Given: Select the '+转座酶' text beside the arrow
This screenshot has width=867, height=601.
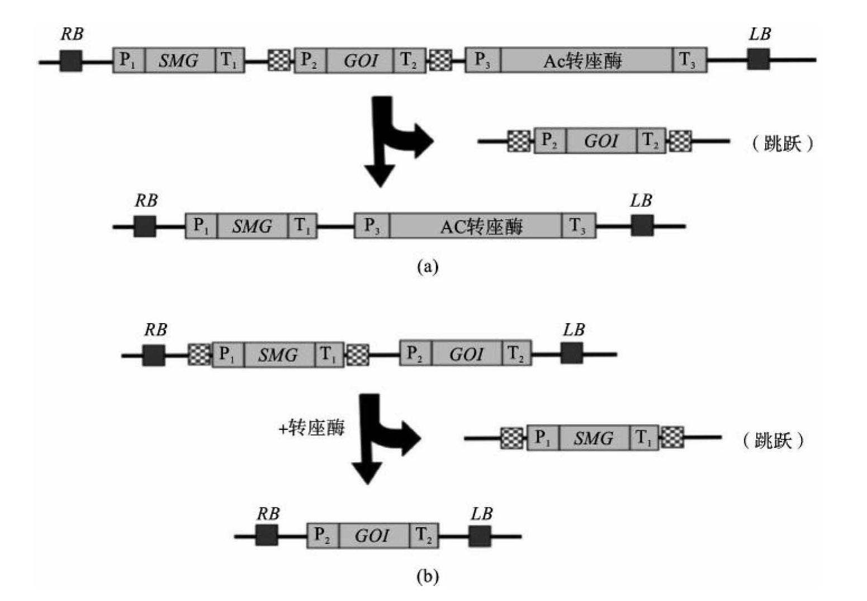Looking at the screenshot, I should [312, 428].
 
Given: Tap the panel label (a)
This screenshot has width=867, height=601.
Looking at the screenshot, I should [428, 267].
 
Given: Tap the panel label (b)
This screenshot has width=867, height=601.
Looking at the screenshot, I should [428, 576].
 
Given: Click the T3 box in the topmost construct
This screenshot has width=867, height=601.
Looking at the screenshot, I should [689, 60].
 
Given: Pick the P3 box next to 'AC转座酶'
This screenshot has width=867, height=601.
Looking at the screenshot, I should [372, 226].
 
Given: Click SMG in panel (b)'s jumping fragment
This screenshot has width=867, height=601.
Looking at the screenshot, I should [594, 438].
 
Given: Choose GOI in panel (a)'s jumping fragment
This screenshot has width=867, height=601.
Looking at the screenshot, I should [601, 141].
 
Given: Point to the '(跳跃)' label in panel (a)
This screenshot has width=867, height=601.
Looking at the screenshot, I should [781, 144].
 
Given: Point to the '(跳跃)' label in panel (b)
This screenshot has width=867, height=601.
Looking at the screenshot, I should [773, 441].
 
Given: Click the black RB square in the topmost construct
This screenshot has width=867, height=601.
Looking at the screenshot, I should [71, 60].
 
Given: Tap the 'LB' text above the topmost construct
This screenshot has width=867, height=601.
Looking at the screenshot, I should [760, 35].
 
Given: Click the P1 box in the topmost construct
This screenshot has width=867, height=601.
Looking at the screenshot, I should [129, 60].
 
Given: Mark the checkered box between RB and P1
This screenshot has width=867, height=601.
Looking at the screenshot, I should [199, 354].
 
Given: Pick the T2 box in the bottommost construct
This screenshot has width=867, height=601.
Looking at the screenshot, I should [424, 536].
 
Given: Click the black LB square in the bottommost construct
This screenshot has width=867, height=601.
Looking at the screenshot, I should [480, 536].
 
